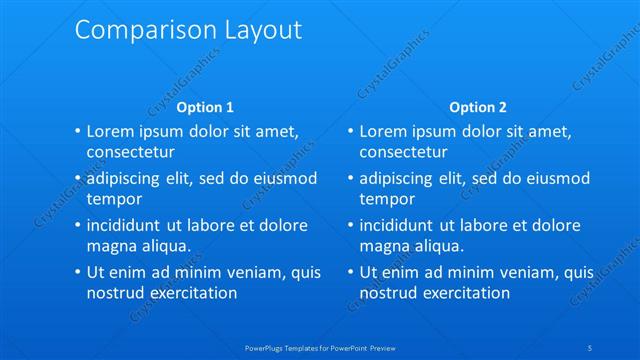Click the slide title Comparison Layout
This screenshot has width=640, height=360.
click(x=188, y=30)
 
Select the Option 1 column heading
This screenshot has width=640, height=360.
click(x=205, y=107)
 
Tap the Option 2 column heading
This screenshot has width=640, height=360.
click(x=478, y=107)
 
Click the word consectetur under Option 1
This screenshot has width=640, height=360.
click(x=131, y=152)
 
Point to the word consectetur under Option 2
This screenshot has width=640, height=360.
click(x=403, y=152)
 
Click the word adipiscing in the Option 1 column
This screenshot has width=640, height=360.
click(x=127, y=178)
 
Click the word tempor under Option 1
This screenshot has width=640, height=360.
click(x=115, y=198)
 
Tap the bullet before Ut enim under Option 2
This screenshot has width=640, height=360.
click(x=350, y=272)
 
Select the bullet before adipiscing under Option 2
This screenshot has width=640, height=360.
click(x=350, y=179)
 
